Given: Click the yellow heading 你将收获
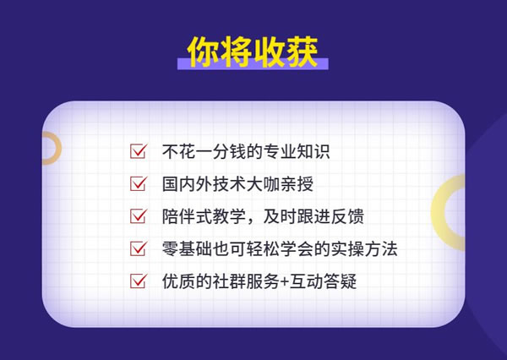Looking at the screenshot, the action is point(253,52).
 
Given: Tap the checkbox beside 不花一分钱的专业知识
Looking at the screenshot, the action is point(139,151).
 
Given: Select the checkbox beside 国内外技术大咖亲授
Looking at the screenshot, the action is point(139,183).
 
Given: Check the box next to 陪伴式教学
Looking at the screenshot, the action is point(139,215).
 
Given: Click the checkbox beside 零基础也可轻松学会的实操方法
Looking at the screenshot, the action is point(139,248).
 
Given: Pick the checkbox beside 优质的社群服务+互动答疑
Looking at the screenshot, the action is point(139,281).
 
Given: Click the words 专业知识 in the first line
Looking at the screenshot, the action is point(297,151).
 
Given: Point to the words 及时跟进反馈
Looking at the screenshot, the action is point(313,216).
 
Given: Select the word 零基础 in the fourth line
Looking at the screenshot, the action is point(187,248).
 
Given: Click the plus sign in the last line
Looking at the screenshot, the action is point(285,281).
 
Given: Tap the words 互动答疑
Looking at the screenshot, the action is point(323,281).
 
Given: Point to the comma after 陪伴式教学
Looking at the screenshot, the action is point(253,221).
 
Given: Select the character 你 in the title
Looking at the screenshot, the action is point(204,52).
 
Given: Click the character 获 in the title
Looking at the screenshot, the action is point(302,52).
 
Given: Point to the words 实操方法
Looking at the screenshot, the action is point(363,248).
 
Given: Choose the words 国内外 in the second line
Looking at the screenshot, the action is point(187,184).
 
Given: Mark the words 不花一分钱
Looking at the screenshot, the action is point(204,151).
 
